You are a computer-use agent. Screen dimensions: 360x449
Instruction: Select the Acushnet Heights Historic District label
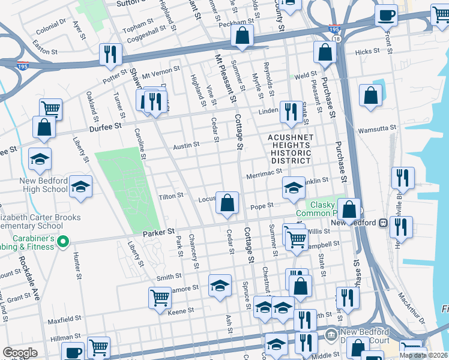[290, 149]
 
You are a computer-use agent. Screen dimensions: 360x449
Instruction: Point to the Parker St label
[158, 231]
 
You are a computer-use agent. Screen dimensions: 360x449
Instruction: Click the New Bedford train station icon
[382, 223]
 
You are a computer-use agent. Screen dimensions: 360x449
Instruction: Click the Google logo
[20, 353]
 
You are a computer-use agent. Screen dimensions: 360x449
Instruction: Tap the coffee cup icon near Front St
[387, 15]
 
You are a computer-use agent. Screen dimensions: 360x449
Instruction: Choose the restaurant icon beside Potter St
[110, 54]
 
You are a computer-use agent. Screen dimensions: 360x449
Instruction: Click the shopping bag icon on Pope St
[228, 203]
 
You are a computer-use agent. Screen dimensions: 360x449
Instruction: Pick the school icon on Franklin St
[294, 188]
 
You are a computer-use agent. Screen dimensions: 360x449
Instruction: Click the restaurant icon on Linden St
[291, 112]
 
